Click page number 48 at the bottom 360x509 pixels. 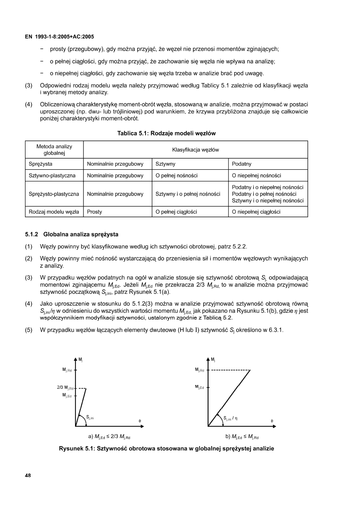(x=28, y=476)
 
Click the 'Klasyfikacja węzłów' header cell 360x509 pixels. (x=195, y=150)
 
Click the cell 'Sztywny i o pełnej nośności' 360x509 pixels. (x=188, y=194)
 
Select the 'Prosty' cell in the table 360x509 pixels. (x=94, y=212)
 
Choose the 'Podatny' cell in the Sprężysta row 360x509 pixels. (x=241, y=164)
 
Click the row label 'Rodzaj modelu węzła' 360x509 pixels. (x=54, y=212)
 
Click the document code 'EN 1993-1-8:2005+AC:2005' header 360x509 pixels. (x=59, y=37)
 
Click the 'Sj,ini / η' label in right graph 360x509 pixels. (x=230, y=418)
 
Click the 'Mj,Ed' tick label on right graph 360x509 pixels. (x=200, y=387)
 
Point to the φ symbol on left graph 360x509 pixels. (x=139, y=421)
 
